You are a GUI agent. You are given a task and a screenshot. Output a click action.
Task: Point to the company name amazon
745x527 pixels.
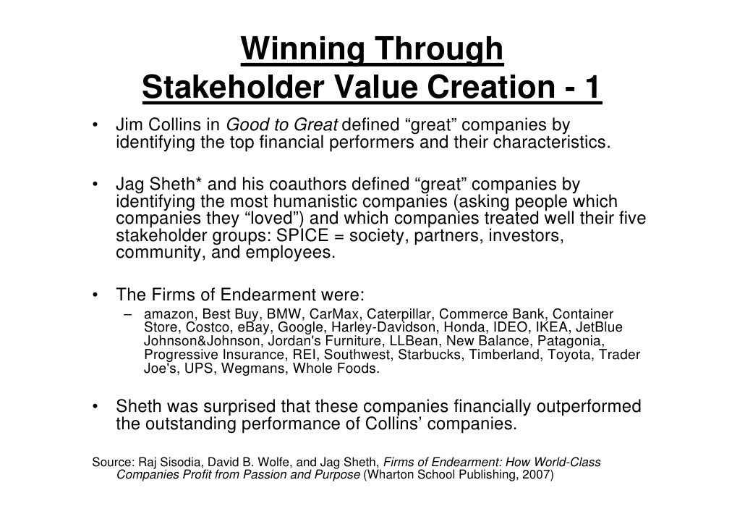[169, 314]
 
